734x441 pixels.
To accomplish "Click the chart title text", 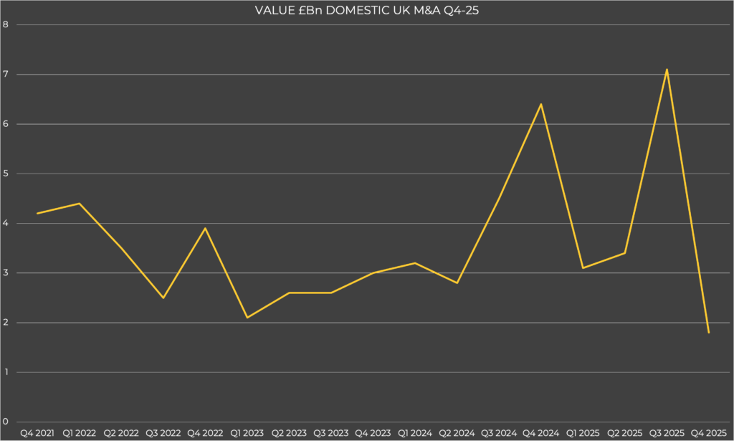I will click(366, 9).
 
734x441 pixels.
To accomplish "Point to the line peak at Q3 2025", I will click(667, 70).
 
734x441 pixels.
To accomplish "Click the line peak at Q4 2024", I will click(540, 104).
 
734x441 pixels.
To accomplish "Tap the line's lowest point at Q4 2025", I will click(708, 333).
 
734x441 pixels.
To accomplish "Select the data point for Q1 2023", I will click(247, 318).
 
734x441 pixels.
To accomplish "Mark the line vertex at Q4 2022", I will click(205, 228).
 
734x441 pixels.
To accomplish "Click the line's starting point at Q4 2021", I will click(37, 214).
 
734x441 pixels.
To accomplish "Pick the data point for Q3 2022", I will click(163, 298).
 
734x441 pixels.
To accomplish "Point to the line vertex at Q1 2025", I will click(583, 268).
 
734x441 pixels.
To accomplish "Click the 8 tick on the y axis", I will click(6, 24).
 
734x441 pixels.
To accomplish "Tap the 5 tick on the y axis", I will click(6, 174).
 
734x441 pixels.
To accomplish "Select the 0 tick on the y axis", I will click(6, 422).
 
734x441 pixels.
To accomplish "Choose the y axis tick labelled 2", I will click(6, 323).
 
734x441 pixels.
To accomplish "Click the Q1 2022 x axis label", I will click(79, 433).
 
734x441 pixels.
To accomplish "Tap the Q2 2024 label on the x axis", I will click(457, 433).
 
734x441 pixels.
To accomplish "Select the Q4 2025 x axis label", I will click(708, 433).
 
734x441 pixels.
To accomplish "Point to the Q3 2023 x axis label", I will click(330, 433).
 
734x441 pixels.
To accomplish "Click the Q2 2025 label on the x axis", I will click(624, 433).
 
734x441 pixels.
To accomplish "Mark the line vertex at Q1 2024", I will click(415, 263).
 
